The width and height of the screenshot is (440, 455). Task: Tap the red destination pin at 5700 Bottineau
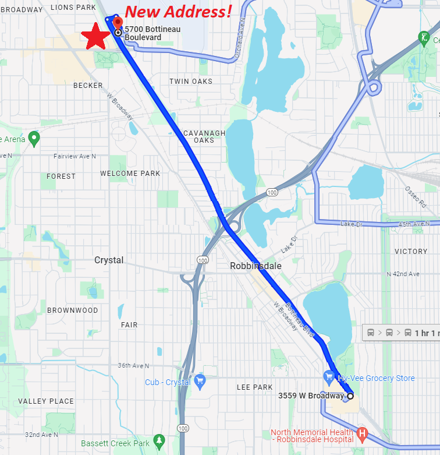[118, 23]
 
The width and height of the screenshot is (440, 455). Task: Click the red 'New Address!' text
[179, 11]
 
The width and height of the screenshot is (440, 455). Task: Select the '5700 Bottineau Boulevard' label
[152, 33]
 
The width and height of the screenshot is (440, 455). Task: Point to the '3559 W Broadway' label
[311, 396]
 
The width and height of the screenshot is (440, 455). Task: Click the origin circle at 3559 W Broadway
[350, 396]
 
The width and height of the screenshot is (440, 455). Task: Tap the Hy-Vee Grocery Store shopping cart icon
[329, 377]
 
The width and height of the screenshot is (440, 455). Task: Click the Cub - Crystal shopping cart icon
[200, 382]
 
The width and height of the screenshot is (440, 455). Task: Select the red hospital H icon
[362, 434]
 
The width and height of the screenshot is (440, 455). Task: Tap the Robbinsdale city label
[256, 266]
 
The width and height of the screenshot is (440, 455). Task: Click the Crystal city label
[109, 260]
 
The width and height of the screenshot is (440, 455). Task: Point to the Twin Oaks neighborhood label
[191, 82]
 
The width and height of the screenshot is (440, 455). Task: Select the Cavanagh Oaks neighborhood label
[204, 137]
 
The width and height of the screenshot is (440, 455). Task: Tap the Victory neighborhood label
[411, 252]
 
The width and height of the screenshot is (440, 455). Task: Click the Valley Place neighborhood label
[46, 401]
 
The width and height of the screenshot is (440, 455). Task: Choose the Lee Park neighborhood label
[255, 387]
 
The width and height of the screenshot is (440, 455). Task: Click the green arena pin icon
[34, 139]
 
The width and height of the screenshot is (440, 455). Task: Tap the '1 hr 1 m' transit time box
[402, 333]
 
